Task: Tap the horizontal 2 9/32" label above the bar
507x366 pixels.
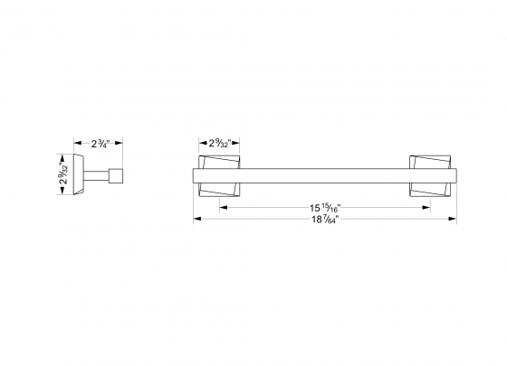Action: pos(218,142)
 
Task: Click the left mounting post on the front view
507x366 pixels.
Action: pos(220,175)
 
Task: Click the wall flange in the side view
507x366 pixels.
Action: pos(82,175)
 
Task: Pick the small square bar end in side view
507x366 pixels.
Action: pos(116,175)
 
